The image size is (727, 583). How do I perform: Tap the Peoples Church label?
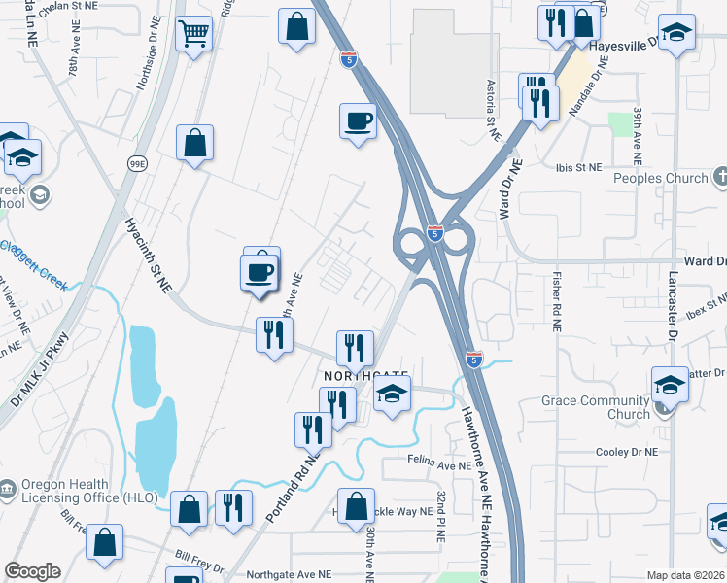pyautogui.click(x=660, y=178)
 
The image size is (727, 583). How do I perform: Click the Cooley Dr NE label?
pyautogui.click(x=626, y=452)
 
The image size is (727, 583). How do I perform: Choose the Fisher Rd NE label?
pyautogui.click(x=558, y=302)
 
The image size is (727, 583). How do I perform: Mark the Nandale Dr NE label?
pyautogui.click(x=588, y=86)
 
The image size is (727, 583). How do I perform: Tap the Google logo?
pyautogui.click(x=32, y=571)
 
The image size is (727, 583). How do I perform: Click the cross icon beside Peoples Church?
pyautogui.click(x=719, y=178)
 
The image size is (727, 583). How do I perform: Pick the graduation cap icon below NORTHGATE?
pyautogui.click(x=391, y=394)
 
